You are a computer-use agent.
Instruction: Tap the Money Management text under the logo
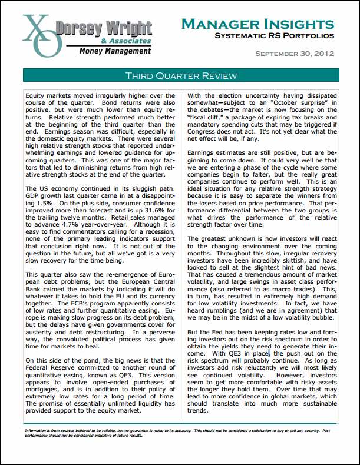(x=113, y=51)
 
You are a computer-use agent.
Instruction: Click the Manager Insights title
(x=258, y=24)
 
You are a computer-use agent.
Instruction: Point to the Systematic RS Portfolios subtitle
(x=274, y=36)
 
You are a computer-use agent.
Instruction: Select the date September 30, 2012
(x=294, y=54)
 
